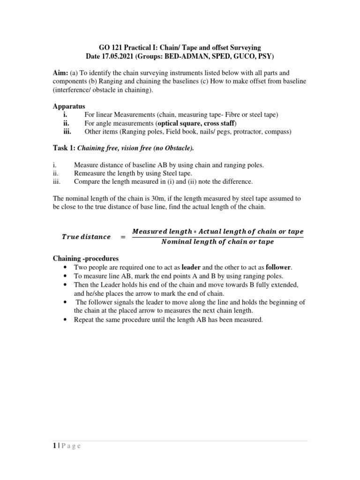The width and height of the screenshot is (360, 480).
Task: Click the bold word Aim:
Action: click(61, 73)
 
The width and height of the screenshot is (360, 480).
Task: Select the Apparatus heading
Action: click(69, 106)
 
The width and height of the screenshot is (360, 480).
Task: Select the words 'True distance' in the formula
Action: click(86, 237)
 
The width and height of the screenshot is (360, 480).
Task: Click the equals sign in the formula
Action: click(123, 237)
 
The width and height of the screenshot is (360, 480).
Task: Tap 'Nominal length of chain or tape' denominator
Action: click(217, 242)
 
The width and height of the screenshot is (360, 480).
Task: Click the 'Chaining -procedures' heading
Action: click(85, 259)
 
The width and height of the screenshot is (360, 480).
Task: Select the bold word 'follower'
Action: click(278, 267)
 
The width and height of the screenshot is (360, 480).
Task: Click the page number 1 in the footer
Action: click(54, 446)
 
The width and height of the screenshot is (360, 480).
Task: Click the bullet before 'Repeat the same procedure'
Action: click(64, 320)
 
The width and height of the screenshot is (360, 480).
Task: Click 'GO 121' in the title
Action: click(110, 48)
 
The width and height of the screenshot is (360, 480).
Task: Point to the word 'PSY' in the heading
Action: click(262, 56)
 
